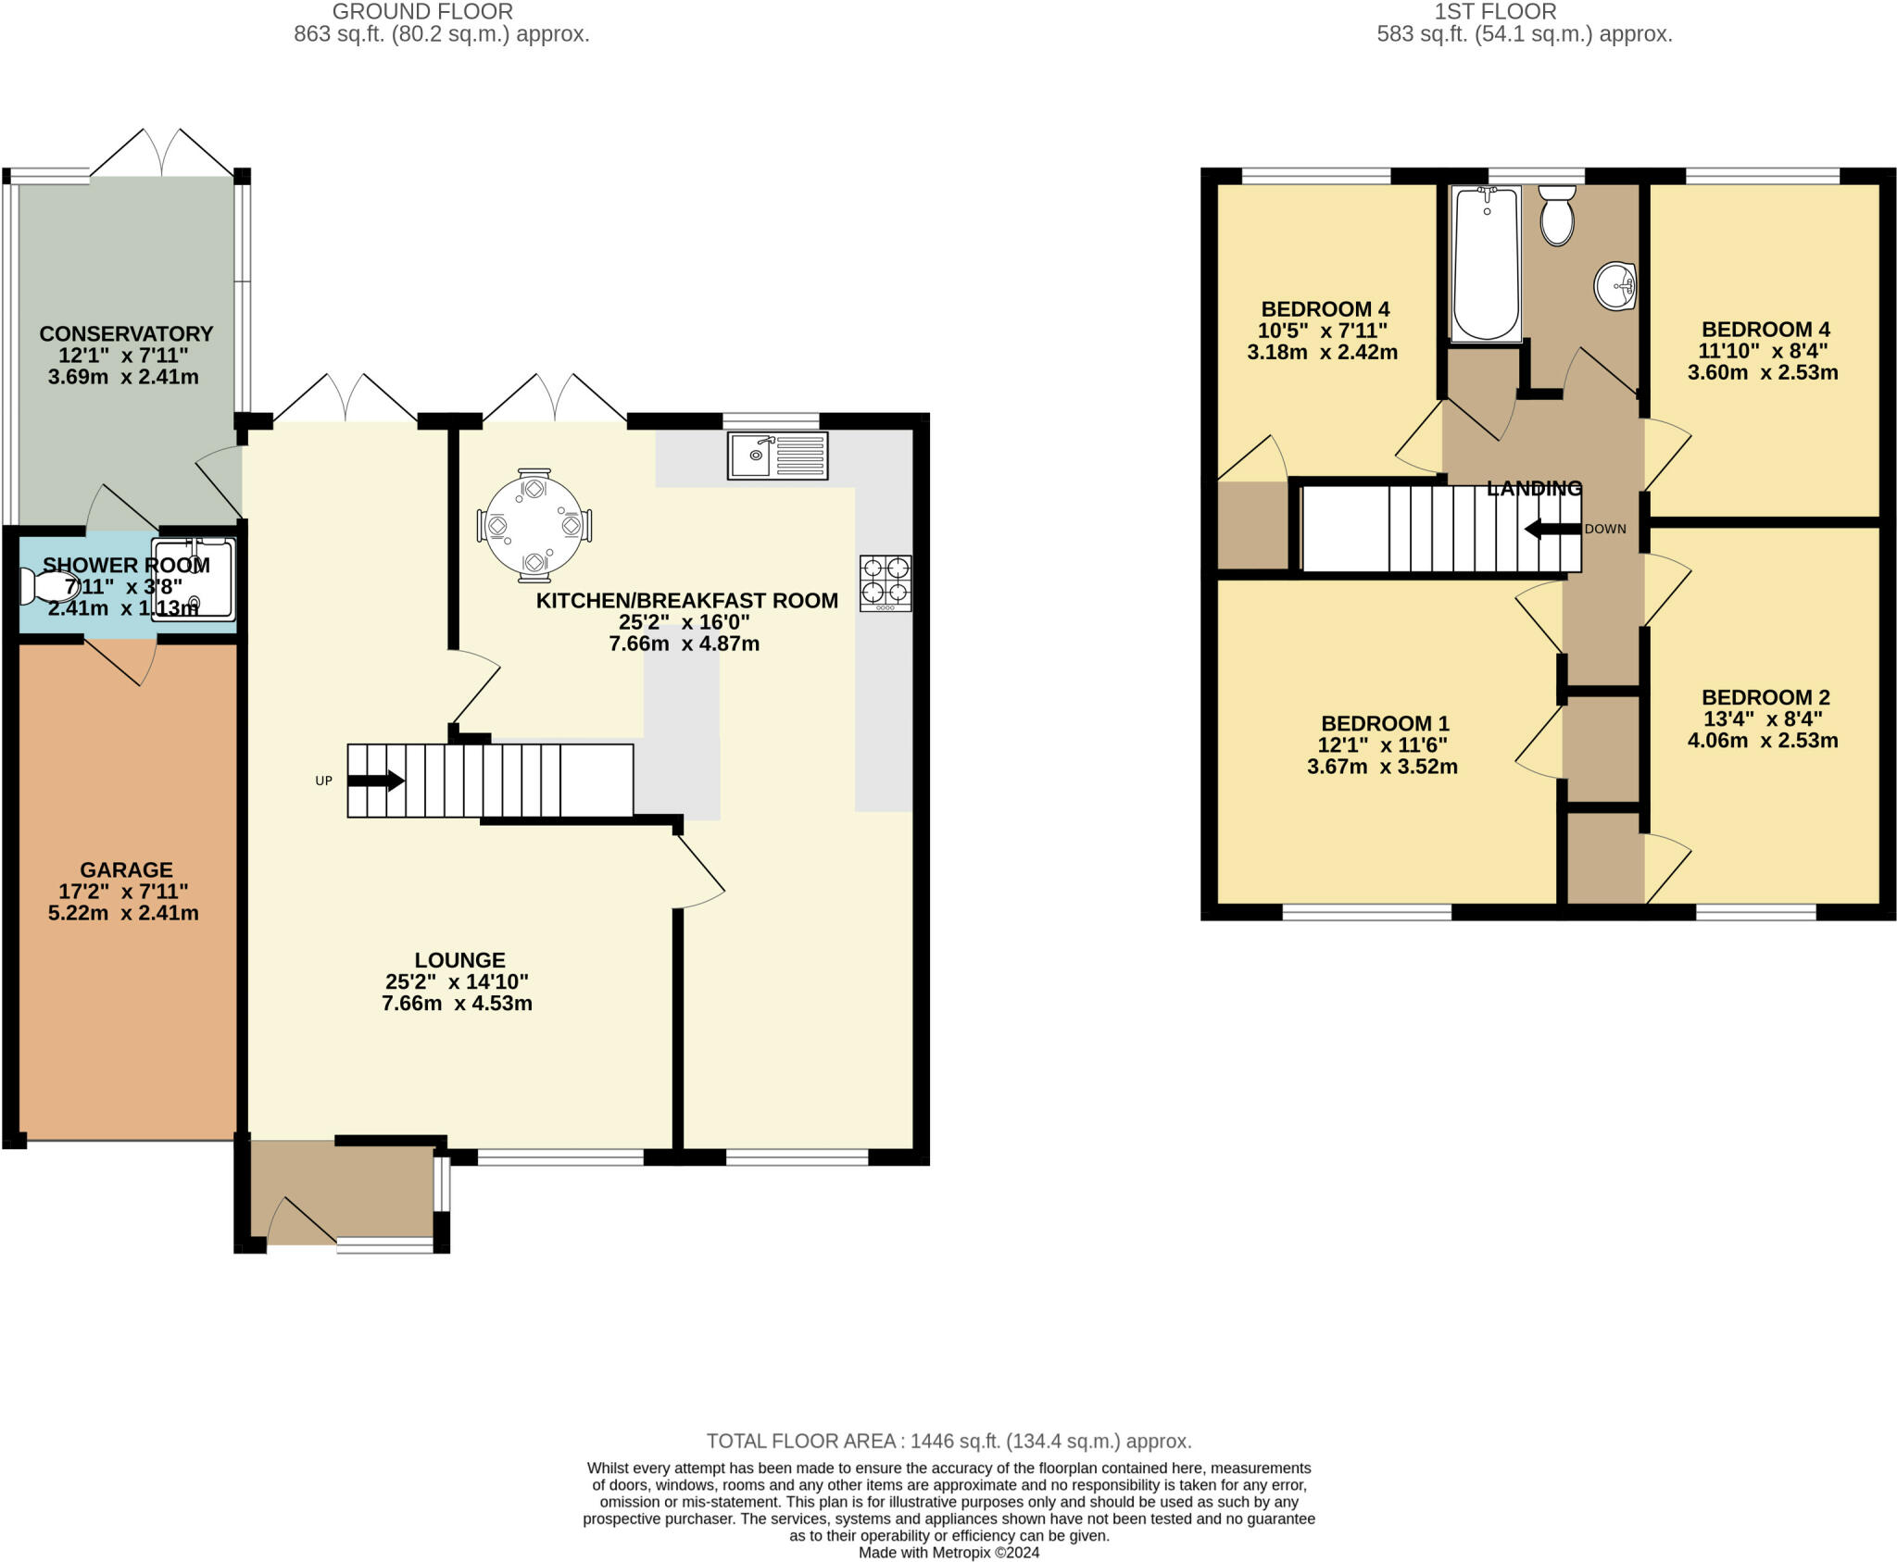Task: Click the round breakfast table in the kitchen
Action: (x=534, y=525)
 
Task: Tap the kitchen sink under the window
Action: (x=778, y=456)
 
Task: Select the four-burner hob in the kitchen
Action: (x=886, y=583)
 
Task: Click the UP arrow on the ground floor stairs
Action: (x=376, y=781)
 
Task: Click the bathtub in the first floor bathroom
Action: (x=1487, y=265)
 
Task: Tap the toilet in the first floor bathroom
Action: (x=1557, y=215)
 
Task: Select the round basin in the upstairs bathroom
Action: (x=1615, y=286)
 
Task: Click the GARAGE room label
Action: (x=126, y=870)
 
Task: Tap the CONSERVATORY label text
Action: (x=126, y=333)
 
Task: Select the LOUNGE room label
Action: (x=459, y=960)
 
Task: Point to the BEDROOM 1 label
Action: (x=1385, y=723)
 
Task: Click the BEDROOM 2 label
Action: (x=1765, y=697)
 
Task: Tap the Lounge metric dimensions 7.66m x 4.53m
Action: (x=457, y=1003)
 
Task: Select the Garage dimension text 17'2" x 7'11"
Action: (x=123, y=892)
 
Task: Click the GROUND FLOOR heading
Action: (x=422, y=12)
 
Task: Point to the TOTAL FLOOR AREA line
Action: (x=949, y=1441)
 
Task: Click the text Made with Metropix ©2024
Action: (x=948, y=1553)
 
